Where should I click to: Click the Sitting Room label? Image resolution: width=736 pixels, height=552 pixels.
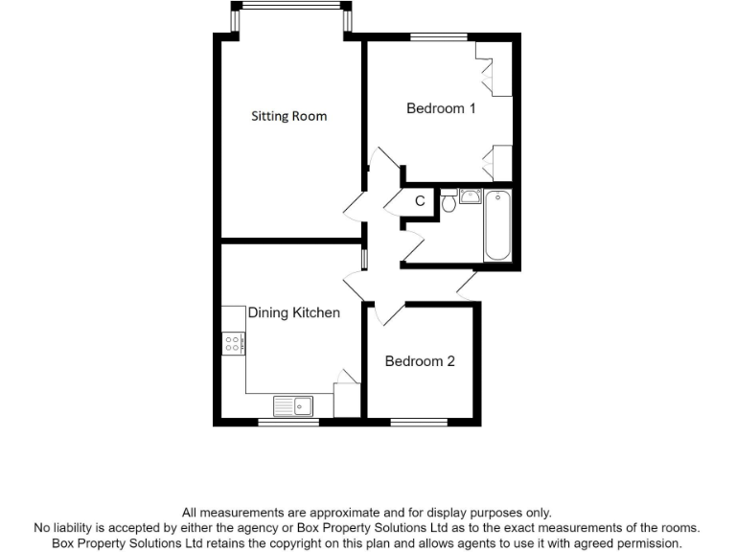288,116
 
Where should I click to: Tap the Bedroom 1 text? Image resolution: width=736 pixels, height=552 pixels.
441,108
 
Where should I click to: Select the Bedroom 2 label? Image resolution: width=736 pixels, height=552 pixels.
420,361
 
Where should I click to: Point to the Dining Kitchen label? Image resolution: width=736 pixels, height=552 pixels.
294,312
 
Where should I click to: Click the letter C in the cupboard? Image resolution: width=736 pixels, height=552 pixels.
420,201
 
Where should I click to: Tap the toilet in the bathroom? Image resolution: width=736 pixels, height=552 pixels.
448,201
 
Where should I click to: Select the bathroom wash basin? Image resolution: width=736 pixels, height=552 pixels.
471,197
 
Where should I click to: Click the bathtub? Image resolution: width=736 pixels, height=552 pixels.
497,225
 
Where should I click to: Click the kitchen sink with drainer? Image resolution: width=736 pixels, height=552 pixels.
294,406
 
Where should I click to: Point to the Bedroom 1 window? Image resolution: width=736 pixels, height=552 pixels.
439,37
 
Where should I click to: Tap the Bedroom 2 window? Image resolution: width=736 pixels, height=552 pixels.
419,422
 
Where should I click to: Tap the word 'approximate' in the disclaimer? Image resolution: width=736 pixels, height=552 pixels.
344,513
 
